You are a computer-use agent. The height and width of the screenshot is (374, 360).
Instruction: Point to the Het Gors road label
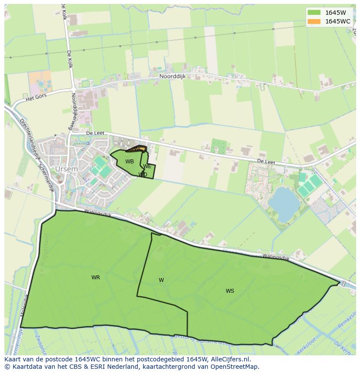[36, 98]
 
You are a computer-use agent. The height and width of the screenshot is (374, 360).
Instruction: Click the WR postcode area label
[96, 278]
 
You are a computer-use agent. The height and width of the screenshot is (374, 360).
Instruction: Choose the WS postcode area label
[230, 291]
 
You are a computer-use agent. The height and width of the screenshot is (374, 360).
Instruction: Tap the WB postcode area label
[130, 162]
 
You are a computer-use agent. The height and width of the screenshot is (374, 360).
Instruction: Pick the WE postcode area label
[147, 166]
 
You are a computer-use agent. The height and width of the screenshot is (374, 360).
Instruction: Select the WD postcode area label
[143, 175]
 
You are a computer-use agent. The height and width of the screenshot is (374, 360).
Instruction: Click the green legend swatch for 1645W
[313, 13]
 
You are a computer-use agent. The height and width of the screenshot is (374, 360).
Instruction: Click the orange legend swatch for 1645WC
[313, 21]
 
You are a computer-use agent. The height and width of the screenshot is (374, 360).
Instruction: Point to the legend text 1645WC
[338, 21]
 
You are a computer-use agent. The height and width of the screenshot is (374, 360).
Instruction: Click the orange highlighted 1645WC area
[142, 149]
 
